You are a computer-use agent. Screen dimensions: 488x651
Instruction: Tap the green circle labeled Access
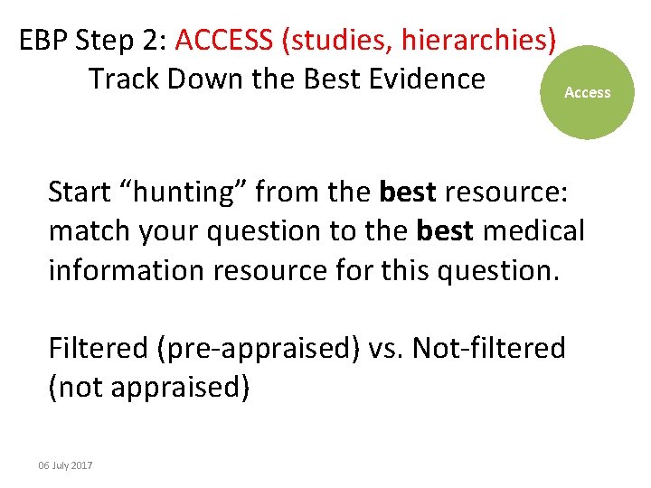coord(588,92)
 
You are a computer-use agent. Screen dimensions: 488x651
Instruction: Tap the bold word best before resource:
coord(408,192)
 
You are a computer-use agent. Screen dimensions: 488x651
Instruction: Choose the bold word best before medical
coord(446,231)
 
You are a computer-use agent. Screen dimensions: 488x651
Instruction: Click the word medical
coord(533,231)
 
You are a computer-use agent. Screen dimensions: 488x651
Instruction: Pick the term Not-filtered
coord(489,348)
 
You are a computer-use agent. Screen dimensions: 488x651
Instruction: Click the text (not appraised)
coord(148,387)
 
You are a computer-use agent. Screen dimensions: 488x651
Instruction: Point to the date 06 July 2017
coord(65,465)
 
